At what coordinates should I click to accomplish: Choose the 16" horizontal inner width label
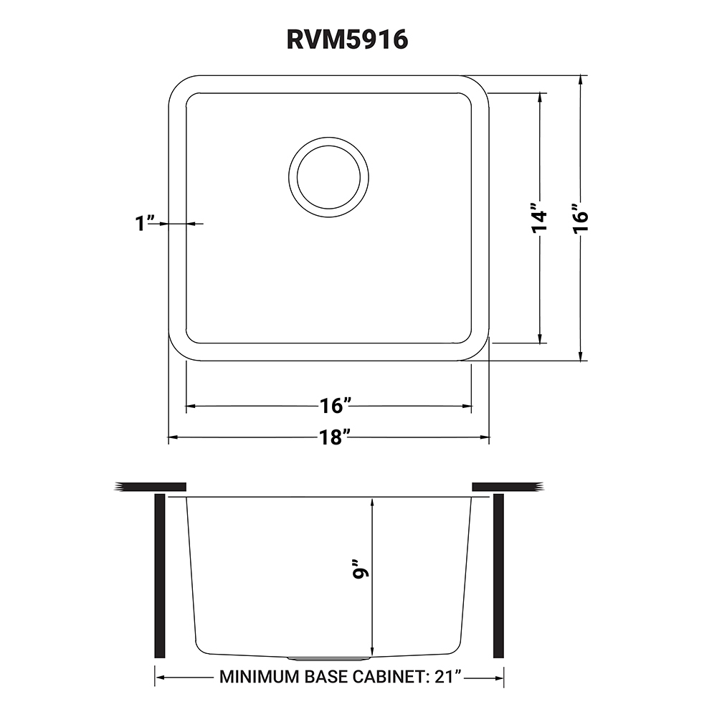(333, 406)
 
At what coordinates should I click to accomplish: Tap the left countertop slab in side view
(151, 487)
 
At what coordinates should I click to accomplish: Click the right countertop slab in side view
(505, 487)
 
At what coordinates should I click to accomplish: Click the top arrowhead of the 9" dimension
(372, 503)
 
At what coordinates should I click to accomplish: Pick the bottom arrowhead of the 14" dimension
(540, 338)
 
